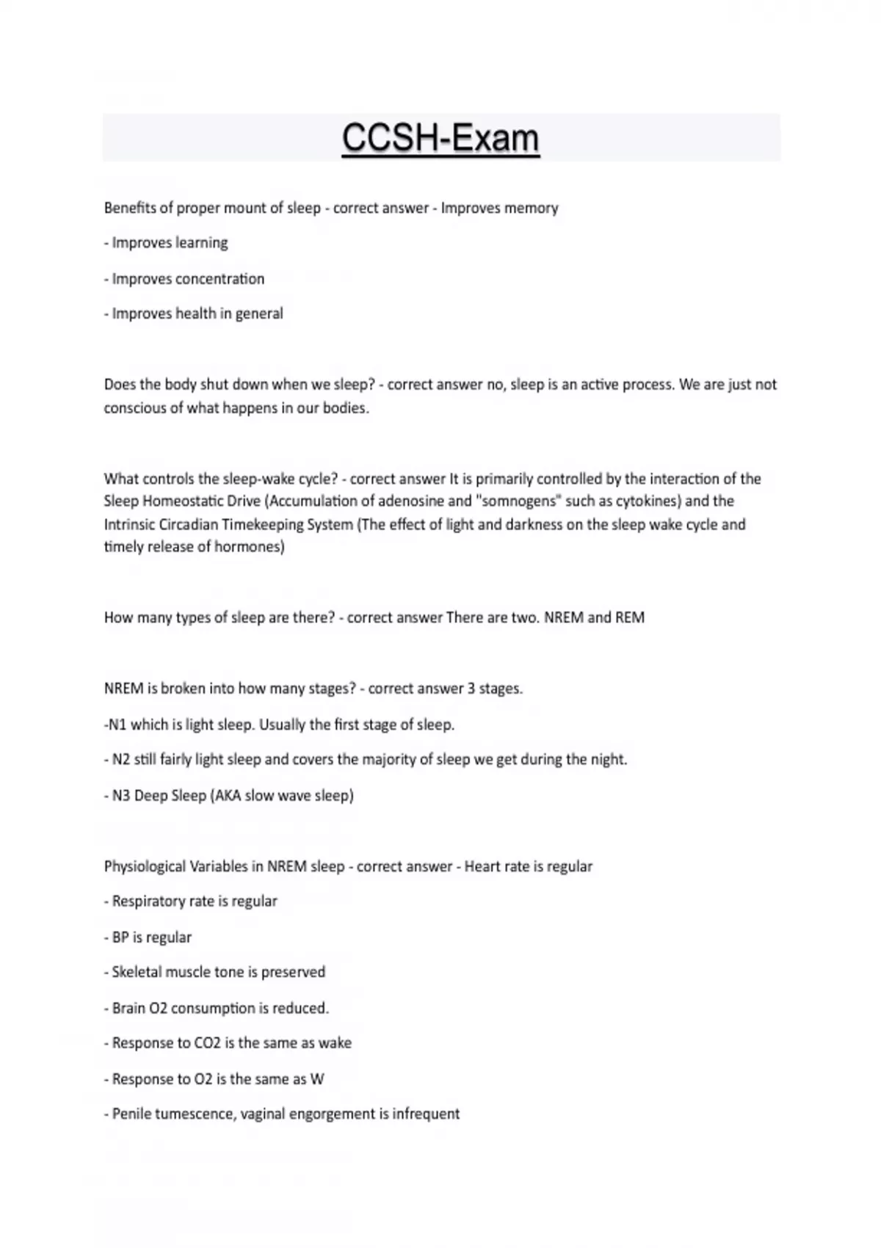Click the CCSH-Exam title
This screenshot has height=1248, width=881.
point(440,138)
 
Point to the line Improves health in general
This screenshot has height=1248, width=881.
point(194,313)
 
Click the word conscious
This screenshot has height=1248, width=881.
point(135,408)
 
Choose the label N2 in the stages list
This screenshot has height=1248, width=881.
point(121,760)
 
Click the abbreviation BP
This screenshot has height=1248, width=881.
point(120,937)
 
